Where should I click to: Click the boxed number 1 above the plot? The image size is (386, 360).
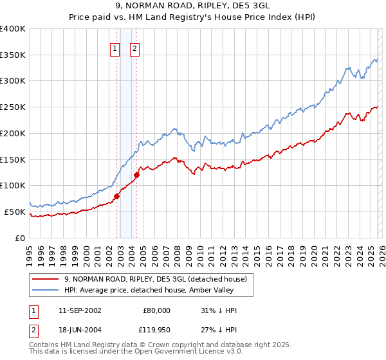click(x=115, y=48)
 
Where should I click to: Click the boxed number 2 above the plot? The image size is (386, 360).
click(x=134, y=48)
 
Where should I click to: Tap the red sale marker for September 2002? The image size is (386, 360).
click(x=117, y=196)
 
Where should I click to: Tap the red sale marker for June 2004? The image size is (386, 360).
click(x=137, y=175)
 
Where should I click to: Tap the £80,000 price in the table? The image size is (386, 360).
click(x=156, y=310)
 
